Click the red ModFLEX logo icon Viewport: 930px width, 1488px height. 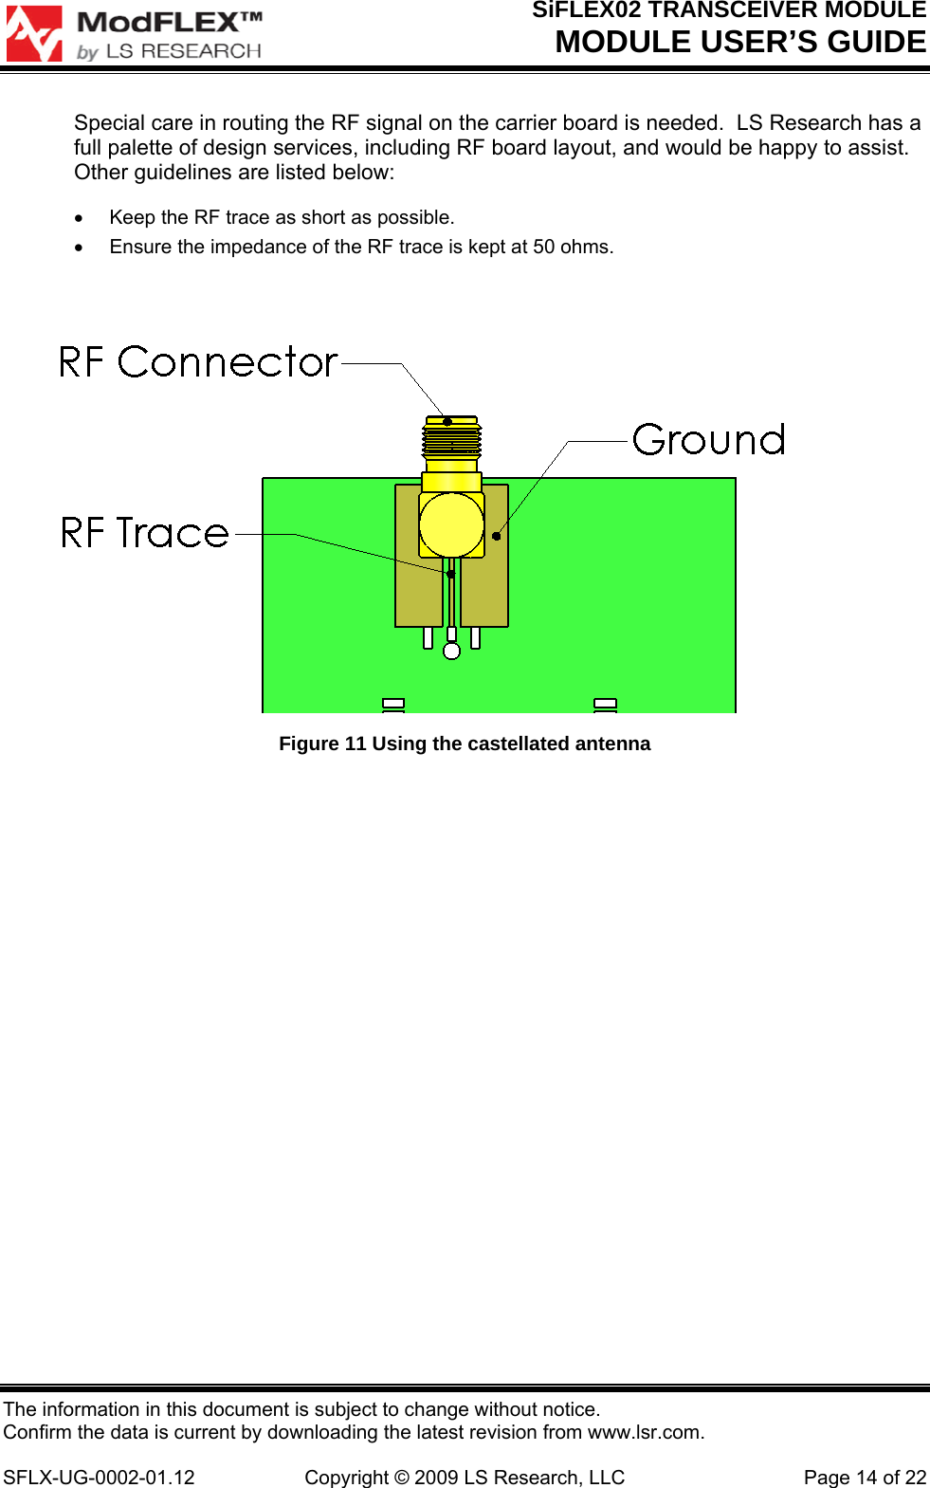pyautogui.click(x=34, y=34)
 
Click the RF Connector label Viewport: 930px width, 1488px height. pyautogui.click(x=198, y=362)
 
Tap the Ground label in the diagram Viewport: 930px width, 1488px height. pyautogui.click(x=709, y=440)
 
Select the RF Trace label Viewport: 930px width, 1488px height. pyautogui.click(x=145, y=533)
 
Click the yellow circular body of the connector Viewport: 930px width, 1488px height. pyautogui.click(x=451, y=524)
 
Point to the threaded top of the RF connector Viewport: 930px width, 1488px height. pyautogui.click(x=451, y=441)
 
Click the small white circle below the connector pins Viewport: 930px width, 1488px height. pyautogui.click(x=452, y=651)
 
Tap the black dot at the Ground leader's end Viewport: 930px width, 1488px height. pyautogui.click(x=496, y=536)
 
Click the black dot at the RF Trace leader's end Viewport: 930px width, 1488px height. pyautogui.click(x=450, y=574)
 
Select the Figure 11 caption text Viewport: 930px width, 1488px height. pyautogui.click(x=465, y=744)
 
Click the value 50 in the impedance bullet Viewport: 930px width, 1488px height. pyautogui.click(x=544, y=247)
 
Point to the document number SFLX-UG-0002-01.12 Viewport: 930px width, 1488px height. pyautogui.click(x=100, y=1478)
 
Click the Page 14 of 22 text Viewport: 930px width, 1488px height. pyautogui.click(x=865, y=1478)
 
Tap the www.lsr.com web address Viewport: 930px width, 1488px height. pyautogui.click(x=645, y=1432)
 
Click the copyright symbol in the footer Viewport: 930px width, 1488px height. pyautogui.click(x=401, y=1478)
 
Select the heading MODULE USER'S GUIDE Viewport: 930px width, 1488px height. pyautogui.click(x=740, y=42)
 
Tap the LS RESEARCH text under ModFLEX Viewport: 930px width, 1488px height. pyautogui.click(x=184, y=51)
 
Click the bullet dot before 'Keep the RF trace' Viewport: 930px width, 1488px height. pyautogui.click(x=80, y=218)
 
